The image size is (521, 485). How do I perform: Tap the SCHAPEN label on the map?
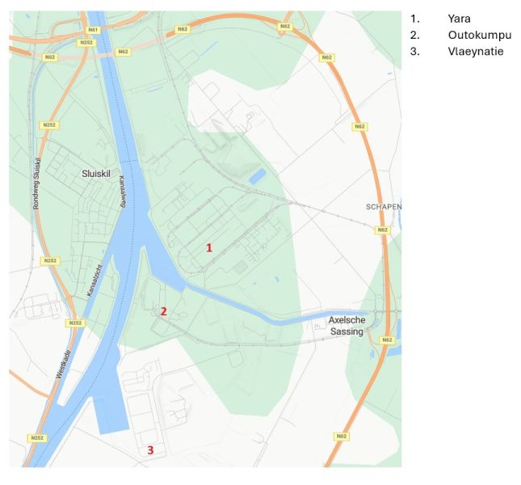pyautogui.click(x=383, y=206)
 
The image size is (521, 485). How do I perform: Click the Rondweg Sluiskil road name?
pyautogui.click(x=36, y=184)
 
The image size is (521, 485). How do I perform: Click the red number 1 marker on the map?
pyautogui.click(x=209, y=247)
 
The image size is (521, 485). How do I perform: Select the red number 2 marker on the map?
pyautogui.click(x=163, y=311)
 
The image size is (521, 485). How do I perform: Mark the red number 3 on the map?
pyautogui.click(x=149, y=450)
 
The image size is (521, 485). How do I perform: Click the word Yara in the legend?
pyautogui.click(x=459, y=19)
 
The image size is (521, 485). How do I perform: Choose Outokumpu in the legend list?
pyautogui.click(x=479, y=35)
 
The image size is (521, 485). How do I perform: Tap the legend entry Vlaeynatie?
pyautogui.click(x=475, y=51)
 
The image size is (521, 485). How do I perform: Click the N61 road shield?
pyautogui.click(x=93, y=29)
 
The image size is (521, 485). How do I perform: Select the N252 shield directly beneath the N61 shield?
pyautogui.click(x=87, y=41)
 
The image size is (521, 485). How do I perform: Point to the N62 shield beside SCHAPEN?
pyautogui.click(x=382, y=230)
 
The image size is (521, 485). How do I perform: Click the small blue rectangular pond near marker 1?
pyautogui.click(x=257, y=176)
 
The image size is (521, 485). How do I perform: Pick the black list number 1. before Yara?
pyautogui.click(x=415, y=19)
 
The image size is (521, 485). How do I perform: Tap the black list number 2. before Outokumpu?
pyautogui.click(x=415, y=35)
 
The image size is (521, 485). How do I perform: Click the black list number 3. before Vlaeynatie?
pyautogui.click(x=415, y=51)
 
